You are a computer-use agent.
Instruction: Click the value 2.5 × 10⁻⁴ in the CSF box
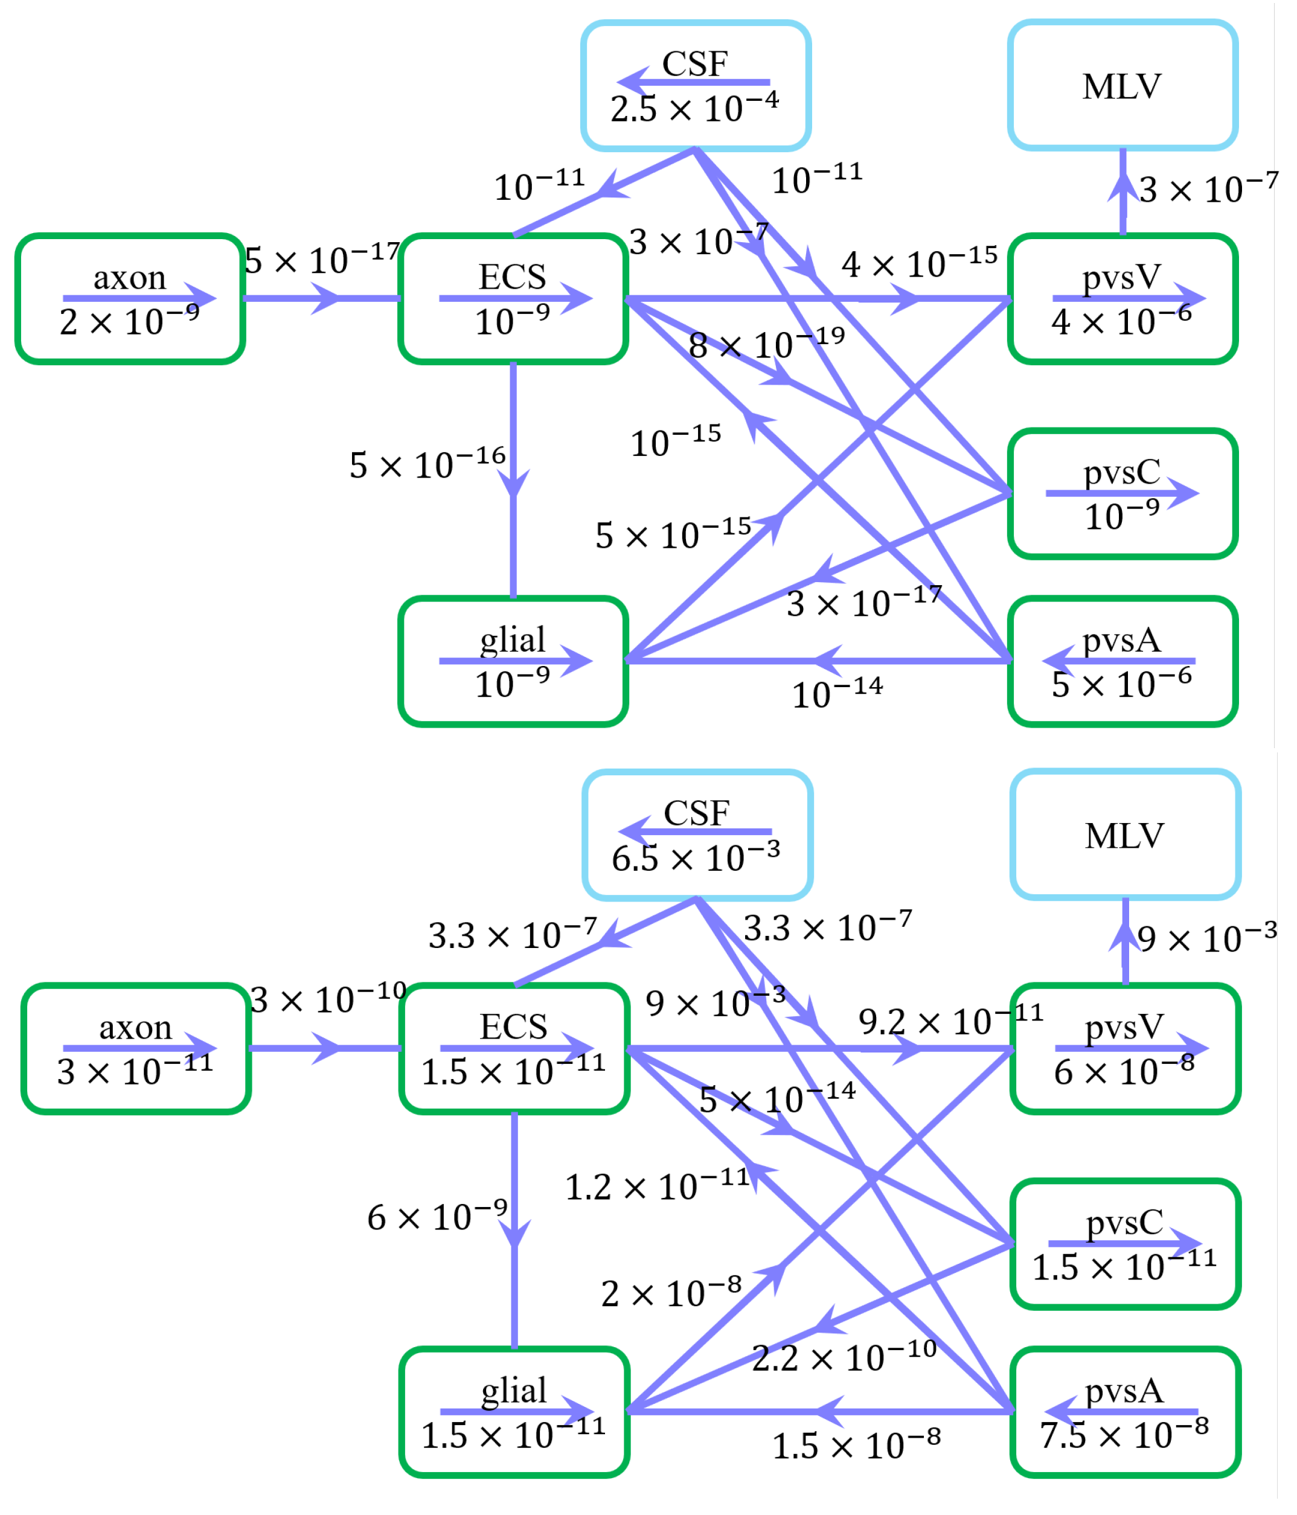point(694,108)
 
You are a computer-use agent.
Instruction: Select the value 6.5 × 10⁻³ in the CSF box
point(696,857)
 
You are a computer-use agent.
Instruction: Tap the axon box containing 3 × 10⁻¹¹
point(136,1048)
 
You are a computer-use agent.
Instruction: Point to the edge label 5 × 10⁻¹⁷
point(322,259)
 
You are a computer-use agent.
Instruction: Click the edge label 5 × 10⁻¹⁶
point(427,464)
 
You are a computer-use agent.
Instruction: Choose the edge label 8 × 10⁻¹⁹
point(766,343)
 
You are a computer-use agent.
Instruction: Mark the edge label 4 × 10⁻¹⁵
point(919,263)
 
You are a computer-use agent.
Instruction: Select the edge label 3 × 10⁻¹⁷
point(863,603)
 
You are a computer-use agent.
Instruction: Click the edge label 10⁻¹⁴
point(837,693)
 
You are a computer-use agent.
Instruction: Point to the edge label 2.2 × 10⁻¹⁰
point(845,1358)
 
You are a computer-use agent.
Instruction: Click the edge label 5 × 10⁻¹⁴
point(777,1098)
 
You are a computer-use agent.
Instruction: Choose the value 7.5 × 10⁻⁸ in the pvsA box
point(1124,1435)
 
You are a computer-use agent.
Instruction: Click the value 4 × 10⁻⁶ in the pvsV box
point(1121,320)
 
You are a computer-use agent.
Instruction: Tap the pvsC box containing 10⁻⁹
point(1122,493)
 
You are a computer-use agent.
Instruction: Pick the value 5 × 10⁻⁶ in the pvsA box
point(1121,684)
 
